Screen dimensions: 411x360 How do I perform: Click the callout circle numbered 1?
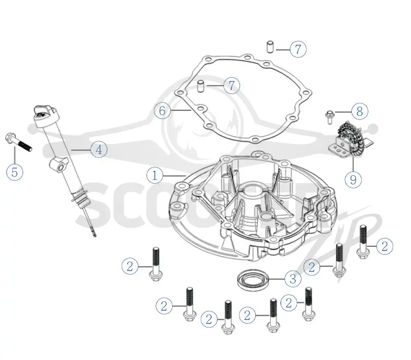pyautogui.click(x=155, y=175)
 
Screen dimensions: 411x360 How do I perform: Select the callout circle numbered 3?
pyautogui.click(x=293, y=279)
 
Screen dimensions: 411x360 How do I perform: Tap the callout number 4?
pyautogui.click(x=99, y=150)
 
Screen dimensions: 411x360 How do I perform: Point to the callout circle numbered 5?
pyautogui.click(x=15, y=172)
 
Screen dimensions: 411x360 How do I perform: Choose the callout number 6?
pyautogui.click(x=162, y=111)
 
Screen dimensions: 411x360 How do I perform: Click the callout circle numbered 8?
pyautogui.click(x=360, y=112)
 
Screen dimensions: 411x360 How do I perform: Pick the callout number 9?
pyautogui.click(x=353, y=179)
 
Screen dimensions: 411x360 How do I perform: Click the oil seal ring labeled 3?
pyautogui.click(x=253, y=279)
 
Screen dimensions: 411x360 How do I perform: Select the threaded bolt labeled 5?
pyautogui.click(x=18, y=142)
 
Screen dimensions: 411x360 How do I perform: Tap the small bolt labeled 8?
pyautogui.click(x=329, y=117)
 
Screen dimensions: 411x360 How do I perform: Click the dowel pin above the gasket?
pyautogui.click(x=270, y=47)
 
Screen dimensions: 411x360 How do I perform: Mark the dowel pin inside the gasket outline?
pyautogui.click(x=201, y=86)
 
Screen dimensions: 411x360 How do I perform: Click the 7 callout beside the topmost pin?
pyautogui.click(x=298, y=49)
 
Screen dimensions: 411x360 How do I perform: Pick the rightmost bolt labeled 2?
pyautogui.click(x=363, y=242)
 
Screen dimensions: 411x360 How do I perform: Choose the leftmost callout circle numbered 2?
pyautogui.click(x=130, y=266)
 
